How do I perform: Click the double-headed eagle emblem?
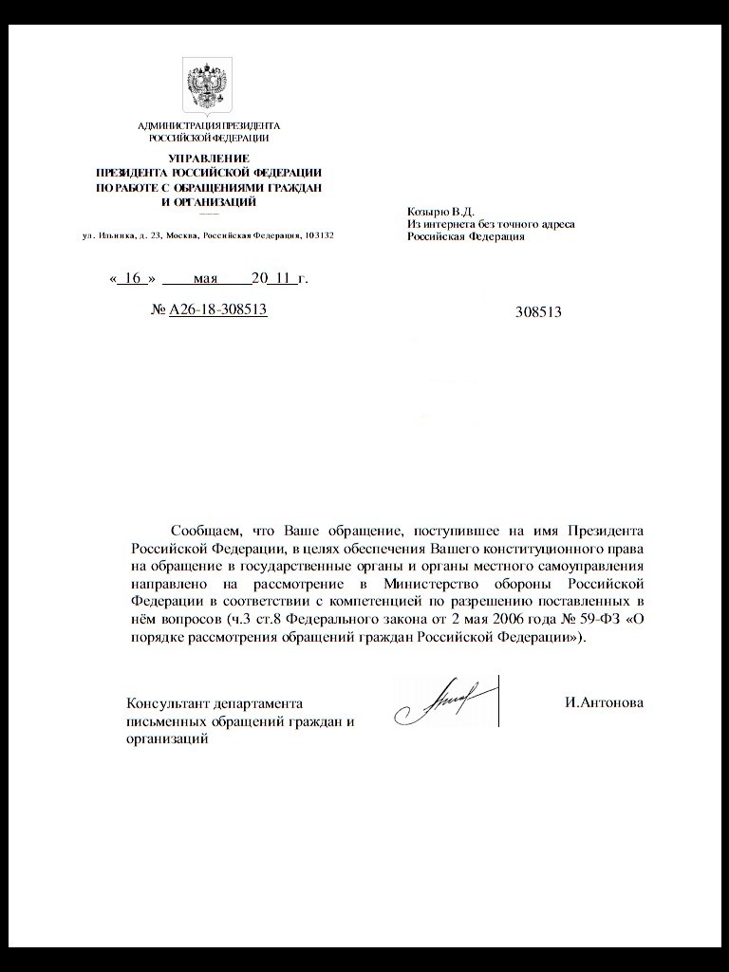tap(209, 86)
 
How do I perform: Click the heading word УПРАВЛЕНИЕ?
tap(209, 158)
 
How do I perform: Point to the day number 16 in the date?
tap(132, 279)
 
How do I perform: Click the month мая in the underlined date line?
tap(205, 279)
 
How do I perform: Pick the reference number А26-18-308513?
tap(217, 309)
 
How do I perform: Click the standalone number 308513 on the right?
tap(538, 311)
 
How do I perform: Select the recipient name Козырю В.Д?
tap(440, 211)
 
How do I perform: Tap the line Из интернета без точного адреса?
tap(491, 224)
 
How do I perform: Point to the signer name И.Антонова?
tap(603, 703)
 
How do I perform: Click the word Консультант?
tap(167, 704)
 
